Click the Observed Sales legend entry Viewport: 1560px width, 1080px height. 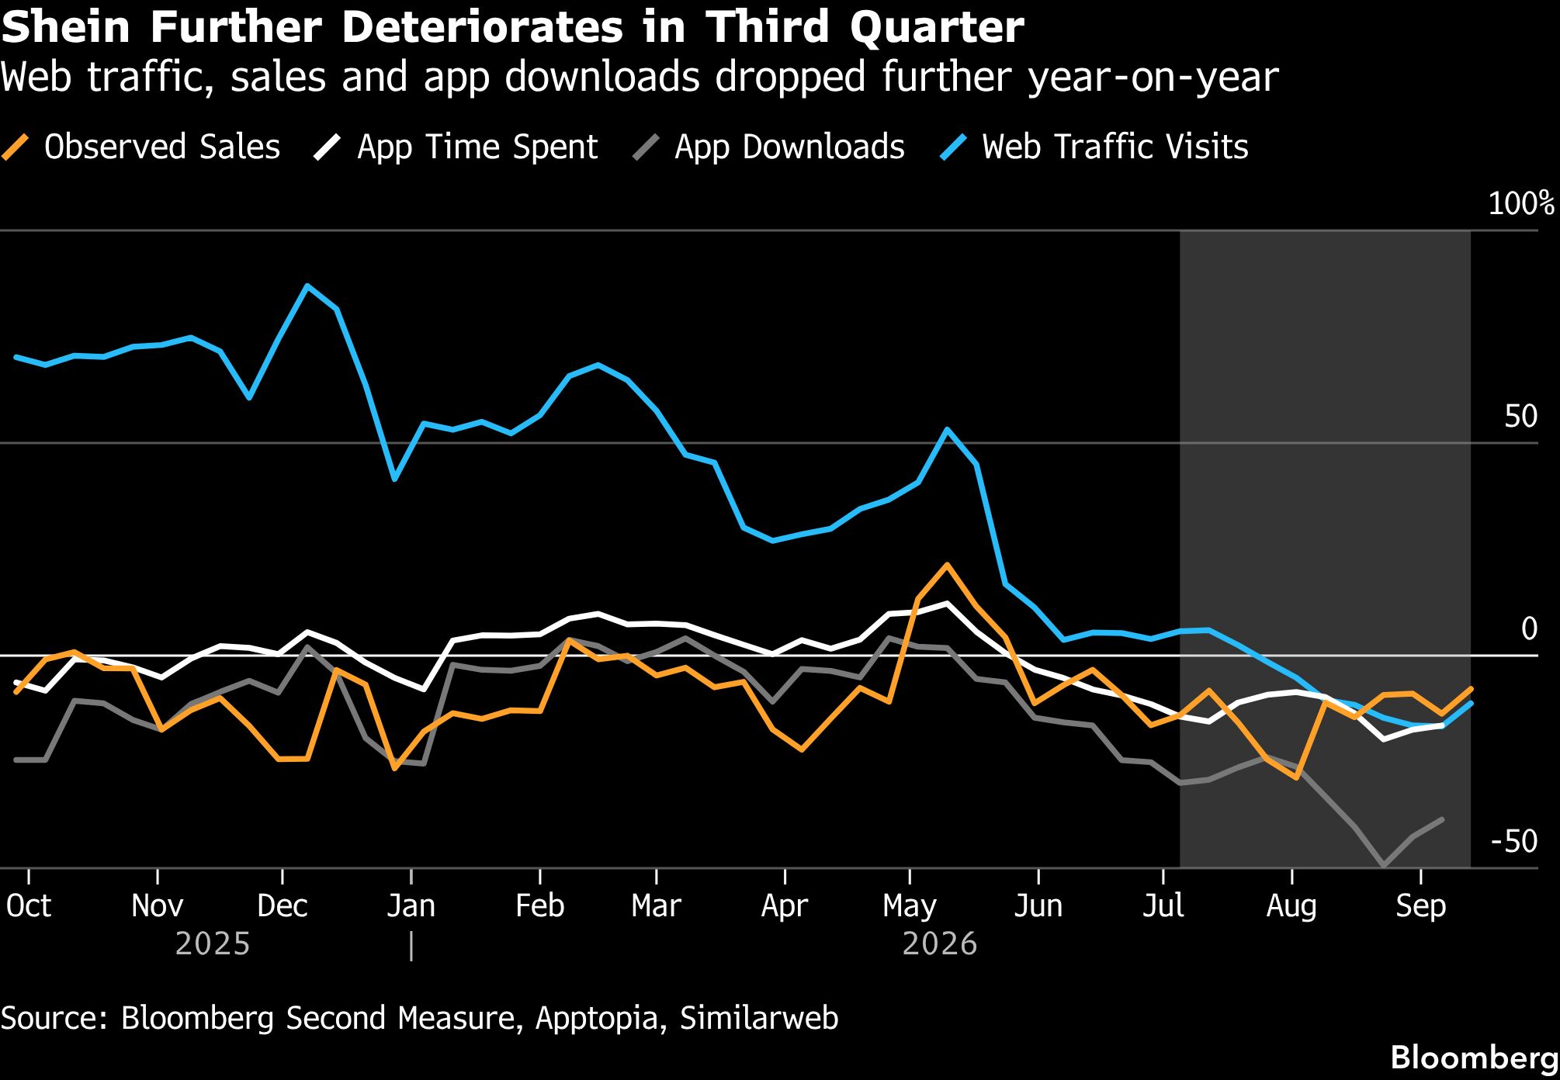pos(141,147)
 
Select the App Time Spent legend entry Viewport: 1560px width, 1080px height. pos(456,147)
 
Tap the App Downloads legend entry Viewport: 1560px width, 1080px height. pos(769,147)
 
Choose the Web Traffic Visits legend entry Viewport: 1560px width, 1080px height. pos(1094,147)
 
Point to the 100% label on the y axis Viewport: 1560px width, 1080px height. pos(1522,203)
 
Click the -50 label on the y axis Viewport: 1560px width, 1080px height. pos(1514,841)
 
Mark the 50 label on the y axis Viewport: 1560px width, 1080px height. pos(1521,417)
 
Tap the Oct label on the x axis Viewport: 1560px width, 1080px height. pos(29,905)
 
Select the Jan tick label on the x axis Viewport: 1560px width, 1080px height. pos(411,905)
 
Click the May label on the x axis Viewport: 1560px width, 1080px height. pos(910,906)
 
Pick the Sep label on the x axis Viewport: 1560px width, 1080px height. pos(1420,906)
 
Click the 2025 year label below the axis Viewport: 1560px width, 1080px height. pos(213,943)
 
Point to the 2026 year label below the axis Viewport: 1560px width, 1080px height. pos(939,943)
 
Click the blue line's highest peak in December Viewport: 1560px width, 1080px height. pos(307,286)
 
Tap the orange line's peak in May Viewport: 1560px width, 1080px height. pos(946,564)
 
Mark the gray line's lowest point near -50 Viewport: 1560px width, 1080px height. pos(1383,865)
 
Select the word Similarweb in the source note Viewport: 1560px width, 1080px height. pos(759,1017)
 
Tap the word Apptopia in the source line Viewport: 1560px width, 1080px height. pos(597,1019)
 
